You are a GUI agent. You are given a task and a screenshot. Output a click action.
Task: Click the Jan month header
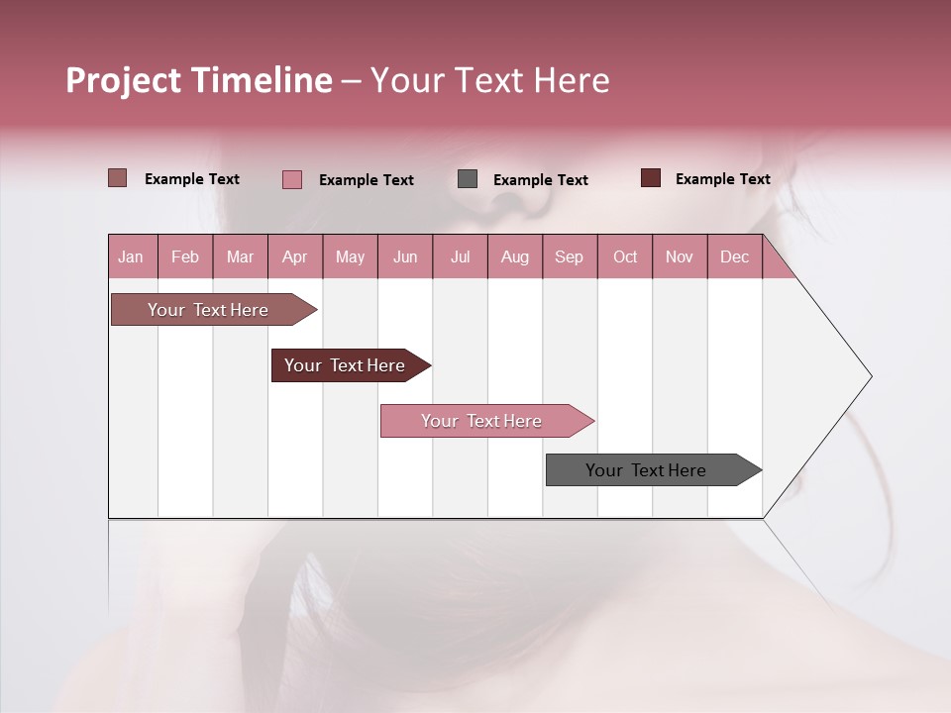[x=131, y=256]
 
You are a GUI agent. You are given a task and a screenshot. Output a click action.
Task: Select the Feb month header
[x=185, y=256]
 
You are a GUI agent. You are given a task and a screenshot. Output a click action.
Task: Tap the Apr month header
[x=294, y=256]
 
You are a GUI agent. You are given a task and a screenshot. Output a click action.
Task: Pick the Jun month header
[x=405, y=256]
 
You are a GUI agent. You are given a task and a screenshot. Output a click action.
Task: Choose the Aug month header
[x=514, y=256]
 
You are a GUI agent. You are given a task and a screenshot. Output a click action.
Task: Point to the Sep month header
[x=569, y=256]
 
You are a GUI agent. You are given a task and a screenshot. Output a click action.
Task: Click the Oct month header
[x=625, y=256]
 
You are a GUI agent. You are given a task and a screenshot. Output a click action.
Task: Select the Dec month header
[x=734, y=256]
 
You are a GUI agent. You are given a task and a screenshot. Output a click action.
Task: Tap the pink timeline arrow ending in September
[x=482, y=421]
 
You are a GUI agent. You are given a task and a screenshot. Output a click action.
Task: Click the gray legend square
[x=468, y=179]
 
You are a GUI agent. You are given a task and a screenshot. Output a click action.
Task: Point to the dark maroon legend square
[x=651, y=178]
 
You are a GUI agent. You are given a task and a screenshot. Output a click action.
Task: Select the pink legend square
[x=292, y=179]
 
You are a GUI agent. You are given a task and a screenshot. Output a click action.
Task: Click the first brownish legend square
[x=118, y=178]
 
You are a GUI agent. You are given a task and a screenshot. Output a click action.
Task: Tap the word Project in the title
[x=125, y=80]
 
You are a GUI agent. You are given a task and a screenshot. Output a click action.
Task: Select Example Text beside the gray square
[x=540, y=180]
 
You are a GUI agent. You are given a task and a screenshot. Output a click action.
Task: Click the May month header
[x=350, y=256]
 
